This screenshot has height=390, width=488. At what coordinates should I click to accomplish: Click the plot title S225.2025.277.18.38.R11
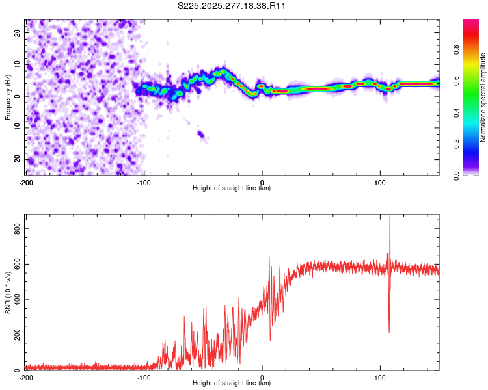click(232, 6)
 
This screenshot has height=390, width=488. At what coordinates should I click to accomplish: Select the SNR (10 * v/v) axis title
click(8, 292)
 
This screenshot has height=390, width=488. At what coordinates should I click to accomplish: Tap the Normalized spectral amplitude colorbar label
click(483, 97)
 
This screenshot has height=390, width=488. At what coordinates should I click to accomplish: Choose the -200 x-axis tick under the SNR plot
click(26, 377)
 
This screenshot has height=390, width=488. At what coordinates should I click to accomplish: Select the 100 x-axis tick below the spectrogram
click(380, 182)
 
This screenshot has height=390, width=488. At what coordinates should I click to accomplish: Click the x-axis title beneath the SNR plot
click(232, 383)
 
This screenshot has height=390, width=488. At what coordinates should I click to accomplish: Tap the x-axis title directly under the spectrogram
click(232, 188)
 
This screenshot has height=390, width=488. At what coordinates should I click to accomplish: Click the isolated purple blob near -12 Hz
click(201, 135)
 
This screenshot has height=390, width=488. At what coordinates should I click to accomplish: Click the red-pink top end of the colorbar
click(471, 23)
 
